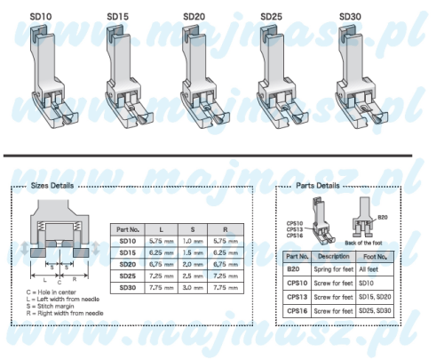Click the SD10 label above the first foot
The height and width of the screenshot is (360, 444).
point(41,17)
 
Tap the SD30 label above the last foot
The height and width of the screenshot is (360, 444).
point(350,17)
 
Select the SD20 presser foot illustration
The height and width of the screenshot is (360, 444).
point(205,77)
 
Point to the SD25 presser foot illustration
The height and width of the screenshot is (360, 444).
point(283,77)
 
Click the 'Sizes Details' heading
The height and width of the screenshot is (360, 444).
point(52,186)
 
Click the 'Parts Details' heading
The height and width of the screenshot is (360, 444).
point(318,186)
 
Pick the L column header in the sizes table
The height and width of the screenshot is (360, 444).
point(162,229)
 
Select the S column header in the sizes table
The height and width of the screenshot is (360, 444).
point(193,229)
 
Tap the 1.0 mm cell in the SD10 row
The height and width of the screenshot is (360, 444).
point(193,241)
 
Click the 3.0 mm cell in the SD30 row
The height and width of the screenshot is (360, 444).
point(193,288)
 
